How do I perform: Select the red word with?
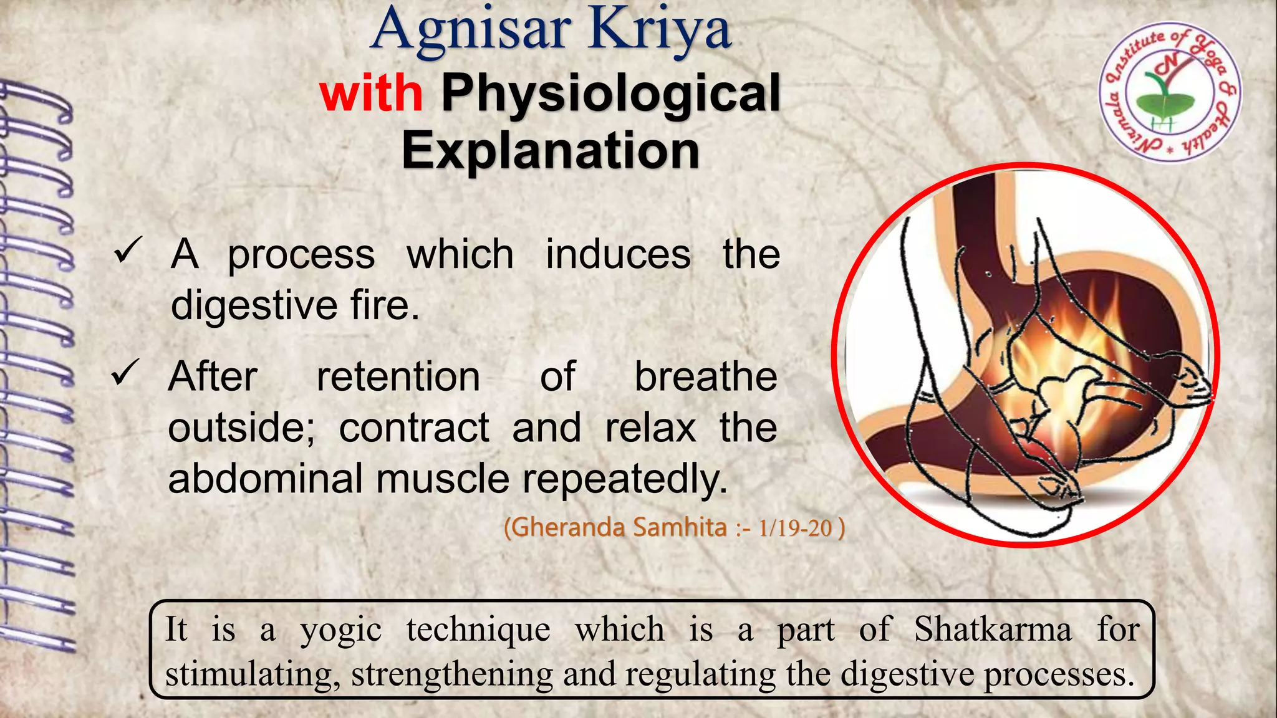click(x=372, y=93)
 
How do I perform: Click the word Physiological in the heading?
click(x=610, y=93)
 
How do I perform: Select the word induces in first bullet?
click(x=618, y=254)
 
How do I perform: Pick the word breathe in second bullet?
click(x=705, y=376)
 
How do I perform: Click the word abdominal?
click(x=265, y=479)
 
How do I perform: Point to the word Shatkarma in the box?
click(x=993, y=629)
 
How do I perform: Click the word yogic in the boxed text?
click(x=340, y=629)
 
